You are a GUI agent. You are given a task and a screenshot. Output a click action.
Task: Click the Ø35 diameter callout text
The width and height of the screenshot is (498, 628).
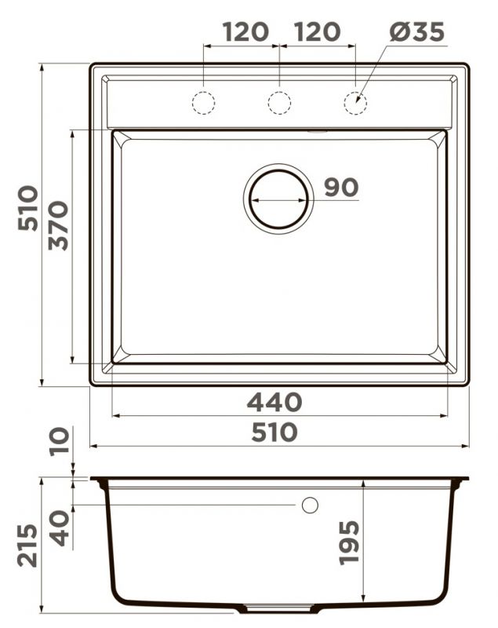(x=416, y=31)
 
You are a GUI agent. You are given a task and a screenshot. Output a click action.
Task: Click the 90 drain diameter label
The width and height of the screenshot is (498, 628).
(x=341, y=187)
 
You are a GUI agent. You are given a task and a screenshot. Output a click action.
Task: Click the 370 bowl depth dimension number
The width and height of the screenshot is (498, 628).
(x=58, y=225)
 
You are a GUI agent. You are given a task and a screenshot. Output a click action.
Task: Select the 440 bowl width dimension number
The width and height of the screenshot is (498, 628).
(x=274, y=402)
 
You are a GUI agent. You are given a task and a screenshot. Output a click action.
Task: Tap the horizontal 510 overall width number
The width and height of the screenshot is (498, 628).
(x=274, y=433)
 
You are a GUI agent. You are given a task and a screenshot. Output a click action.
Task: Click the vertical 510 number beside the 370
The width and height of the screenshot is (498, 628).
(x=28, y=208)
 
